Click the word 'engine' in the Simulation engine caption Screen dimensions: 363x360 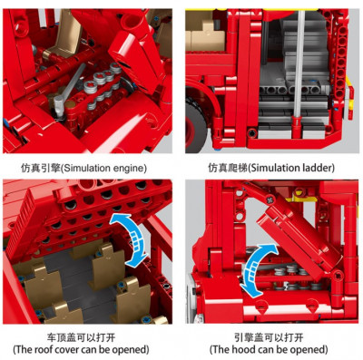129,168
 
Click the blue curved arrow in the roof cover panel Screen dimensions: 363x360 133,238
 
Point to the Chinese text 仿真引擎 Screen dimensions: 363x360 41,168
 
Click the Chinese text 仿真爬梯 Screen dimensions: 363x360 228,168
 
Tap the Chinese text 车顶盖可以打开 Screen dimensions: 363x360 81,337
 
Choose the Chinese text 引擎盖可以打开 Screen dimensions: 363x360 269,337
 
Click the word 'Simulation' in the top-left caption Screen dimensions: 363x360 88,168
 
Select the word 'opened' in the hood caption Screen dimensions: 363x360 309,350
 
